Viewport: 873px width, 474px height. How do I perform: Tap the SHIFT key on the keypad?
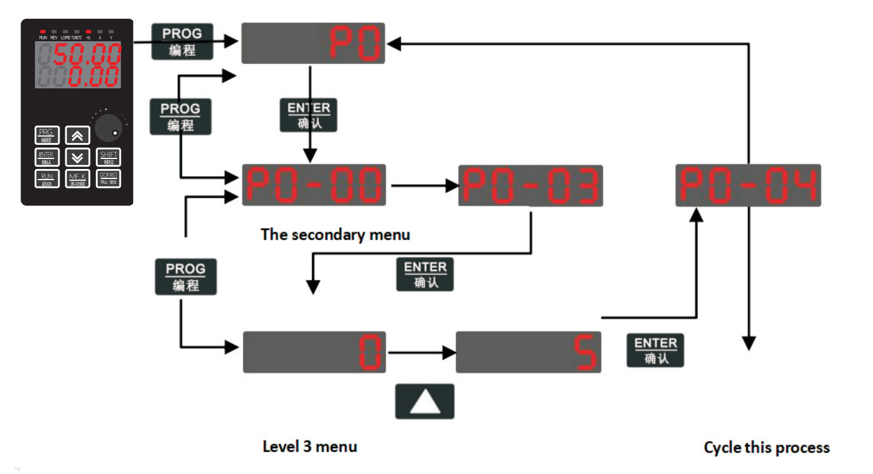click(x=109, y=157)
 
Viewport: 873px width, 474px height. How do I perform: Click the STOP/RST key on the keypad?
click(x=109, y=178)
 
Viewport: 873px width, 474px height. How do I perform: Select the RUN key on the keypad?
click(x=47, y=178)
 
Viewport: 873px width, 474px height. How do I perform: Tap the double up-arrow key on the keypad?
click(x=77, y=135)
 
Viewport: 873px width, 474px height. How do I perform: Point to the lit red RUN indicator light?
click(x=43, y=31)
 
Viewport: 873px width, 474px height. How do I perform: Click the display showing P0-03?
click(x=530, y=185)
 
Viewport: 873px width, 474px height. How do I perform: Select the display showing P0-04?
click(x=748, y=185)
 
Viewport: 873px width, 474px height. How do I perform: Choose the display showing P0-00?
click(x=314, y=185)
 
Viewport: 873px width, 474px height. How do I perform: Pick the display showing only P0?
click(x=313, y=43)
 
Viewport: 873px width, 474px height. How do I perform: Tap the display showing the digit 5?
click(x=528, y=352)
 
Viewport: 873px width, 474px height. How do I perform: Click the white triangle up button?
click(x=424, y=401)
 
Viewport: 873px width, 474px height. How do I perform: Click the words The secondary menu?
click(x=336, y=234)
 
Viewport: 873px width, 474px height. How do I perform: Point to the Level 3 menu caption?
click(x=310, y=446)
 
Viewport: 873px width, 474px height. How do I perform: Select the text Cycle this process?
click(x=766, y=448)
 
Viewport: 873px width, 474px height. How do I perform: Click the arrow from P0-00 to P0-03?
click(x=422, y=185)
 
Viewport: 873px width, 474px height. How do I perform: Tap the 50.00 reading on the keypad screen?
click(x=87, y=55)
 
